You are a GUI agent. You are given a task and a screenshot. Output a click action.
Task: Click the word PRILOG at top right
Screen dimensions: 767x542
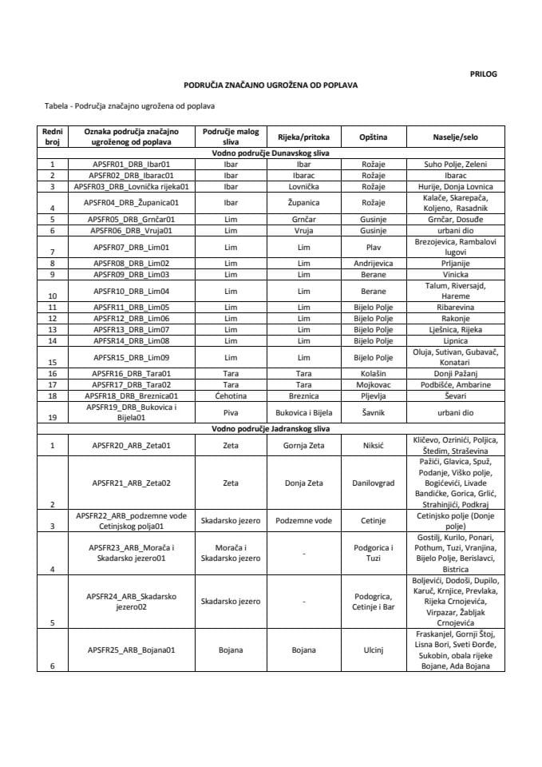tap(483, 74)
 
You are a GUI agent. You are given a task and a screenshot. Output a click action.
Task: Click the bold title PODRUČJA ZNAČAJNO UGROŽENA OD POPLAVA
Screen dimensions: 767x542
tap(271, 84)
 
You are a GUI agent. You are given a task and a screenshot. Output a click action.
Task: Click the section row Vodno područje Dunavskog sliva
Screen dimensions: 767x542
tap(271, 151)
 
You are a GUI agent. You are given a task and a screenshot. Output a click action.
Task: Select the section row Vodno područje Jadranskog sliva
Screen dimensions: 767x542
tap(271, 429)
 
